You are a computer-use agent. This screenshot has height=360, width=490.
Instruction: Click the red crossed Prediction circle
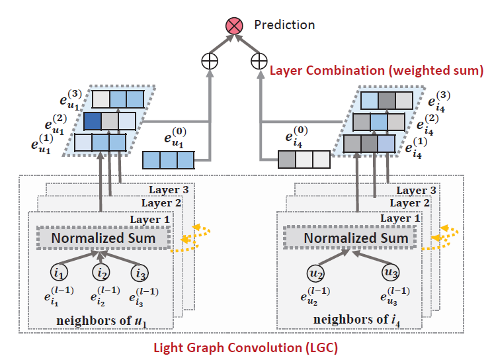tap(234, 26)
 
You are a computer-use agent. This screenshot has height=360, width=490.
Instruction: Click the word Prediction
tap(284, 25)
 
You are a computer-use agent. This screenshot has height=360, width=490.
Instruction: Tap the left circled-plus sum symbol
tap(210, 62)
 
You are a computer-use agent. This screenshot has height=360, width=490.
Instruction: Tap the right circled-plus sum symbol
tap(259, 62)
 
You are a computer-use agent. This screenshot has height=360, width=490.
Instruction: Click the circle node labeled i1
tap(59, 272)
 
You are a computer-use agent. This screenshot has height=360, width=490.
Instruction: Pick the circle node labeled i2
tap(101, 272)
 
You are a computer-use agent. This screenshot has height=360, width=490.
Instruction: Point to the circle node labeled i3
tap(140, 272)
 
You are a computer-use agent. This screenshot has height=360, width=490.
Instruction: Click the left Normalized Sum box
tap(103, 238)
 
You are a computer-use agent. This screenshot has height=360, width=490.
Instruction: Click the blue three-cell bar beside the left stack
tap(169, 160)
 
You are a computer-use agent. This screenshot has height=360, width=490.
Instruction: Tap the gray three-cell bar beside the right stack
tap(304, 160)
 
